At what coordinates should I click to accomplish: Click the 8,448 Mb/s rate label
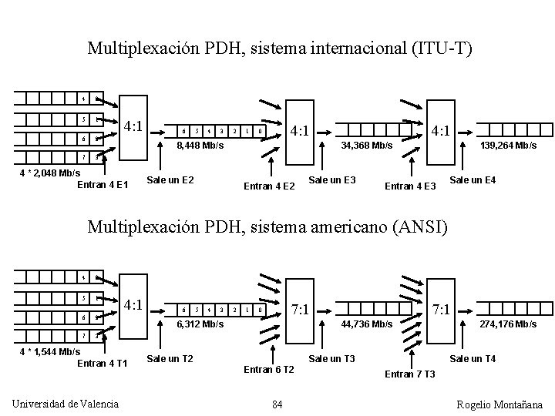200,145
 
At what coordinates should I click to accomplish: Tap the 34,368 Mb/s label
368,145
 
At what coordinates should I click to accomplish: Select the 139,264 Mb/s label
509,145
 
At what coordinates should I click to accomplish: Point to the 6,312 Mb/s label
200,324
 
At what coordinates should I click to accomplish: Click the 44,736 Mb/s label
368,324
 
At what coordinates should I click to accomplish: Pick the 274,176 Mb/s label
509,324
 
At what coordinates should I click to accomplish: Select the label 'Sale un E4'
473,180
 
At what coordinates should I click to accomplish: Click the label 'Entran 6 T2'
269,370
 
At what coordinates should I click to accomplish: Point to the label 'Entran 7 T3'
409,374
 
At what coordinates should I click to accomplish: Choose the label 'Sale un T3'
331,359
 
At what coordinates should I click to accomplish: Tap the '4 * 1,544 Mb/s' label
49,352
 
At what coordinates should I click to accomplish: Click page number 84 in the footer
277,404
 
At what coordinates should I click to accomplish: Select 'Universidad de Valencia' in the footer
66,404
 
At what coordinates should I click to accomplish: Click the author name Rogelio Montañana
499,404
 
